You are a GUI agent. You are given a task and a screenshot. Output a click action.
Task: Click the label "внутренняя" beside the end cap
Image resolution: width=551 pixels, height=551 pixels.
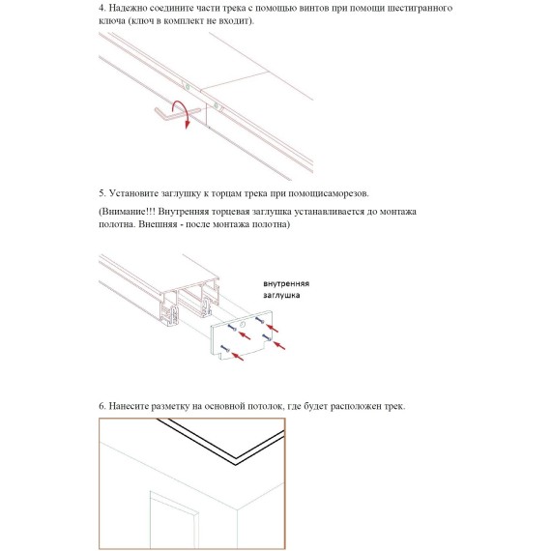coord(286,283)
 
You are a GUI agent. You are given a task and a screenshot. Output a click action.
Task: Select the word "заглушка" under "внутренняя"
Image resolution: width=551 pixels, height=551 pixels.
coord(281,295)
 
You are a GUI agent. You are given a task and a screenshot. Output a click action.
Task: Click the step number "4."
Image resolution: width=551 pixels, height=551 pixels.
coord(102,8)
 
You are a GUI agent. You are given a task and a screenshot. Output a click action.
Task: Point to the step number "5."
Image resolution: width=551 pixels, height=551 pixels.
coord(102,193)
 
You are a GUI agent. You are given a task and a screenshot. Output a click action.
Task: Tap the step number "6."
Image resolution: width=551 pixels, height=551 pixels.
coord(102,406)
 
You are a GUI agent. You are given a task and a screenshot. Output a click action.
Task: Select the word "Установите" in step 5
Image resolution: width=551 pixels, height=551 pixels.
coord(133,193)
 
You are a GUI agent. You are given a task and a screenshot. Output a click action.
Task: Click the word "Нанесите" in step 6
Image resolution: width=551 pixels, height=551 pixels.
coord(129,406)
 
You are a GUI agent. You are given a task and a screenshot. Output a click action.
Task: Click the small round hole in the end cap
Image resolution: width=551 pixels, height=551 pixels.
coord(242,325)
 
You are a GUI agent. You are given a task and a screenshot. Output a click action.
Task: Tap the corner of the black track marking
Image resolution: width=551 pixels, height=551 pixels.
coord(236,462)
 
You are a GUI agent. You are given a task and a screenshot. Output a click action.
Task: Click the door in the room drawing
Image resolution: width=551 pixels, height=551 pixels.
coord(174,520)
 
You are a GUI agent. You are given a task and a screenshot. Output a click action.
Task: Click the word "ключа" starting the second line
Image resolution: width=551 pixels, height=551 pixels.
coord(112,21)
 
